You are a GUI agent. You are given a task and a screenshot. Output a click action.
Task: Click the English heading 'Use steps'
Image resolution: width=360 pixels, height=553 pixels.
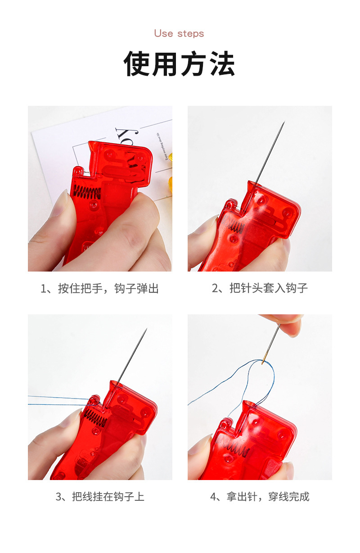[179, 34]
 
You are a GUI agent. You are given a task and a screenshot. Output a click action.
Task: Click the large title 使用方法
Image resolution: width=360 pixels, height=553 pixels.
[180, 64]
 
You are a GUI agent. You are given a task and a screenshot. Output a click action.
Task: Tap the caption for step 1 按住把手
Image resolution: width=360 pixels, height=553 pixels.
[99, 289]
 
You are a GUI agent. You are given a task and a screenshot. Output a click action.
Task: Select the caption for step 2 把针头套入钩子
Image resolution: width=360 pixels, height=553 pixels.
[260, 289]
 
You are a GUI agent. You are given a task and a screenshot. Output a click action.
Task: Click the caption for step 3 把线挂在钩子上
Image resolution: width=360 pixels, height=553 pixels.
[99, 497]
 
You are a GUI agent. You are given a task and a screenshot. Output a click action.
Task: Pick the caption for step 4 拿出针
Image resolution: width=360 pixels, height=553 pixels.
[260, 497]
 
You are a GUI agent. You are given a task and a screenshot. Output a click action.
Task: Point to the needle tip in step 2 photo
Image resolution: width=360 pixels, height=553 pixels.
[283, 123]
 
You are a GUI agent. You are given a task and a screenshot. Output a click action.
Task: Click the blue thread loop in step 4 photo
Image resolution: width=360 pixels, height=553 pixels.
[265, 376]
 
